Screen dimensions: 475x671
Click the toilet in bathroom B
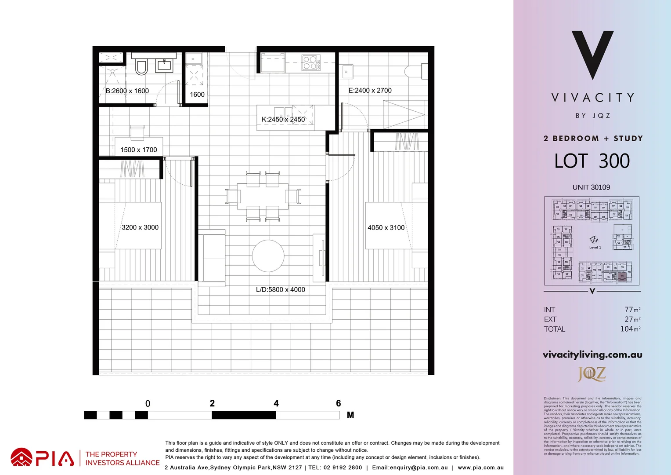141,67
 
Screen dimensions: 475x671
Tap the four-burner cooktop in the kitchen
310,62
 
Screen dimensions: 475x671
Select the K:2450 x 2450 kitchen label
283,119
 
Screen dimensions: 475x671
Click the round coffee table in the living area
268,256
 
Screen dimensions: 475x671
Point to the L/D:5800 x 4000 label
280,289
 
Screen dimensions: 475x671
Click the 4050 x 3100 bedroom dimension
386,227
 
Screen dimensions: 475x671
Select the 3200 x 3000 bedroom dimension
140,227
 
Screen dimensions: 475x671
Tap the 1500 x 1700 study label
139,150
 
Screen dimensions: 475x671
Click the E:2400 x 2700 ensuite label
370,90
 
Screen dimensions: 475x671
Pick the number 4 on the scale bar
276,403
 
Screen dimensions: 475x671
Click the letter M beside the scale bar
350,415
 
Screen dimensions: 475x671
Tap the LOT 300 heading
592,161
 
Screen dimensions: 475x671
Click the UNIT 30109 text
591,187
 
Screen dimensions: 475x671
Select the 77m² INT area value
632,310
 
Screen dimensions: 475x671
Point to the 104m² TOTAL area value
630,329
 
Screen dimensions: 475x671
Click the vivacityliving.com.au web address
592,354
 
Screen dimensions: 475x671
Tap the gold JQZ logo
592,374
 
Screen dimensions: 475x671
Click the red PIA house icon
22,457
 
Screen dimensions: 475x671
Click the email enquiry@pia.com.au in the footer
410,468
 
